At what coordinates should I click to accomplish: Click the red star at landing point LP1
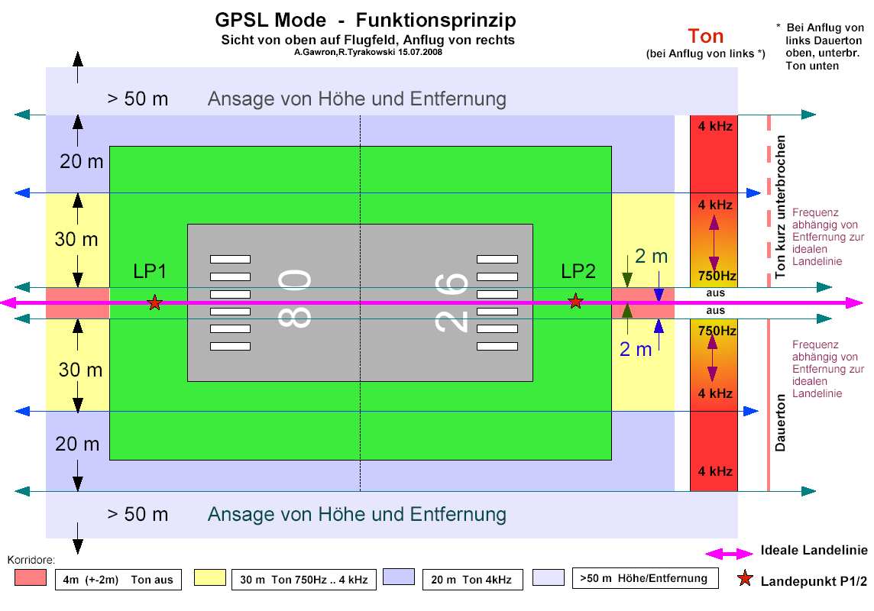tap(155, 303)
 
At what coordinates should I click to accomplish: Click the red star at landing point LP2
tap(576, 302)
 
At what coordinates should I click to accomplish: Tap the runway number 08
tap(296, 300)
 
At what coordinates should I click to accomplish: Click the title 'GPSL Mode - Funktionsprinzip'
tap(365, 20)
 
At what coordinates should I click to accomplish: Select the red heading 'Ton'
tap(705, 36)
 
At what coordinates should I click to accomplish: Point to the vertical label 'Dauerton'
tap(780, 423)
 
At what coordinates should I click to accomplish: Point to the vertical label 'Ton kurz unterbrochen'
tap(780, 207)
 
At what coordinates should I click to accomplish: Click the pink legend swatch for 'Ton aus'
tap(30, 578)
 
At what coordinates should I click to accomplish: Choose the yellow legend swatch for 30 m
tap(209, 578)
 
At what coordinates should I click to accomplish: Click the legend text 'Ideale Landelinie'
tap(814, 551)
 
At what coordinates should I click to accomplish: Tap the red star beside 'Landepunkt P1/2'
tap(744, 580)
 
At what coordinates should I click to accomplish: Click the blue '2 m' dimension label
tap(636, 349)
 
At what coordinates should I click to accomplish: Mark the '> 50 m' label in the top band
tap(138, 99)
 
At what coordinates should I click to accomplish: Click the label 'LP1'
tap(149, 271)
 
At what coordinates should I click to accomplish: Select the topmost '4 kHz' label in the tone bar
tap(715, 126)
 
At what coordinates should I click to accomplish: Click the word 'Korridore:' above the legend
tap(31, 560)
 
